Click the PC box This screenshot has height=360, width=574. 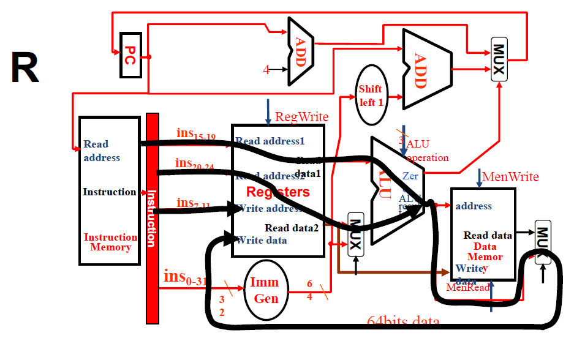pyautogui.click(x=130, y=54)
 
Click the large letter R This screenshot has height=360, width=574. pyautogui.click(x=25, y=69)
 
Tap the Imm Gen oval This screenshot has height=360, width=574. pyautogui.click(x=266, y=290)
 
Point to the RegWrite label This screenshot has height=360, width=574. pyautogui.click(x=301, y=117)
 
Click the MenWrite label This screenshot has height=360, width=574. pyautogui.click(x=510, y=177)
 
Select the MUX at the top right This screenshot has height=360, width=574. pyautogui.click(x=499, y=59)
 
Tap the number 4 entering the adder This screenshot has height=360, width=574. pyautogui.click(x=266, y=70)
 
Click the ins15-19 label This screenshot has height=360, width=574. pyautogui.click(x=195, y=134)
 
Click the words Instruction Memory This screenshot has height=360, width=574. pyautogui.click(x=110, y=242)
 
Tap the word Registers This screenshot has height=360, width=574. pyautogui.click(x=278, y=192)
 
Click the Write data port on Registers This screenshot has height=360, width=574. pyautogui.click(x=262, y=240)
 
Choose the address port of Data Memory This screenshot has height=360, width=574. pyautogui.click(x=474, y=206)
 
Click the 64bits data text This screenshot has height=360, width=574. pyautogui.click(x=402, y=321)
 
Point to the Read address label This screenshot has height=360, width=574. pyautogui.click(x=102, y=151)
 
